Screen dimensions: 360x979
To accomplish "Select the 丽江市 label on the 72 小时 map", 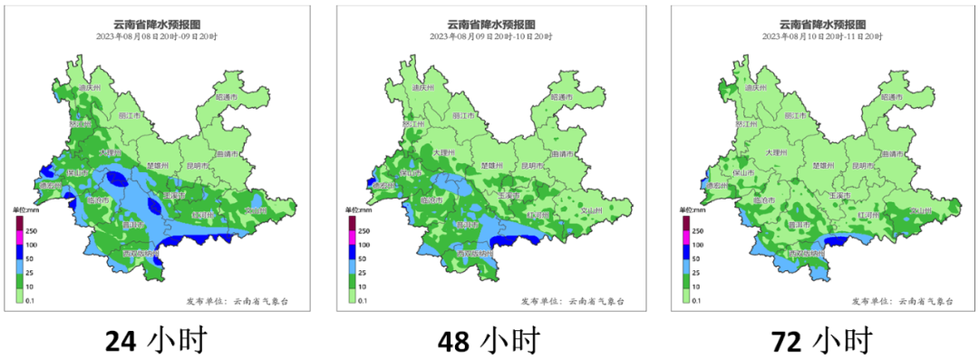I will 795,116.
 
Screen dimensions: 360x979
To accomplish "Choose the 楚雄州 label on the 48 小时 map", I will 490,166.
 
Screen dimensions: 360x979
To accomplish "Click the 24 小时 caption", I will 156,342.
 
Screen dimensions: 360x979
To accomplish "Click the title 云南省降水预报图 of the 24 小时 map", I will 156,24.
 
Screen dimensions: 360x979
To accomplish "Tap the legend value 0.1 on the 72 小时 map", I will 696,297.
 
